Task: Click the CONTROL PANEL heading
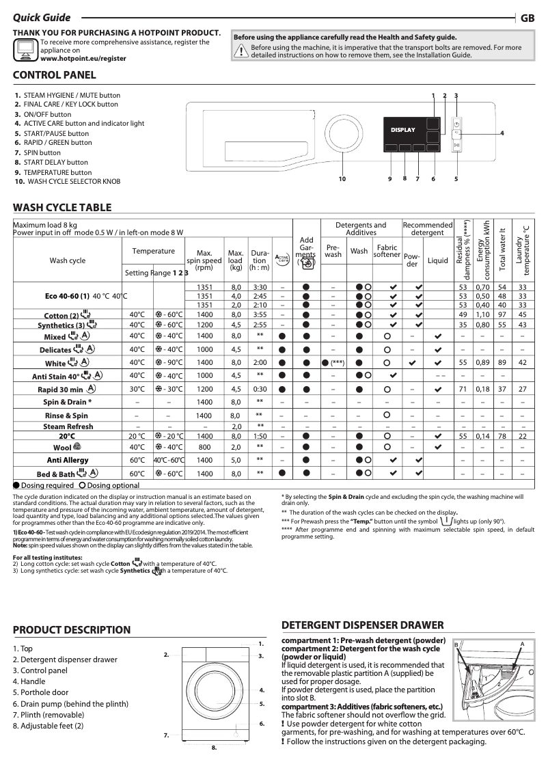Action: coord(55,74)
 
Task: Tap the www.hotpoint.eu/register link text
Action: coord(83,59)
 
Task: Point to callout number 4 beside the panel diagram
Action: coord(502,133)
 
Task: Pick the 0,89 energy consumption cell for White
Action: coord(482,362)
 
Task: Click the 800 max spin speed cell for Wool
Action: coord(204,447)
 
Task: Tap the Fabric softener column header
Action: coord(387,251)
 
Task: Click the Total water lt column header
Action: coord(503,249)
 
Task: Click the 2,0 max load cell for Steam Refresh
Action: coord(235,426)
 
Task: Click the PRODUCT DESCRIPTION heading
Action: coord(72,629)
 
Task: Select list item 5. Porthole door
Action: coord(40,692)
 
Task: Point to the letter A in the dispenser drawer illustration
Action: coord(521,644)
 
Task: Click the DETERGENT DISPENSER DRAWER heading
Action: coord(362,625)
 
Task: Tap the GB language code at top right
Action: coord(528,18)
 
